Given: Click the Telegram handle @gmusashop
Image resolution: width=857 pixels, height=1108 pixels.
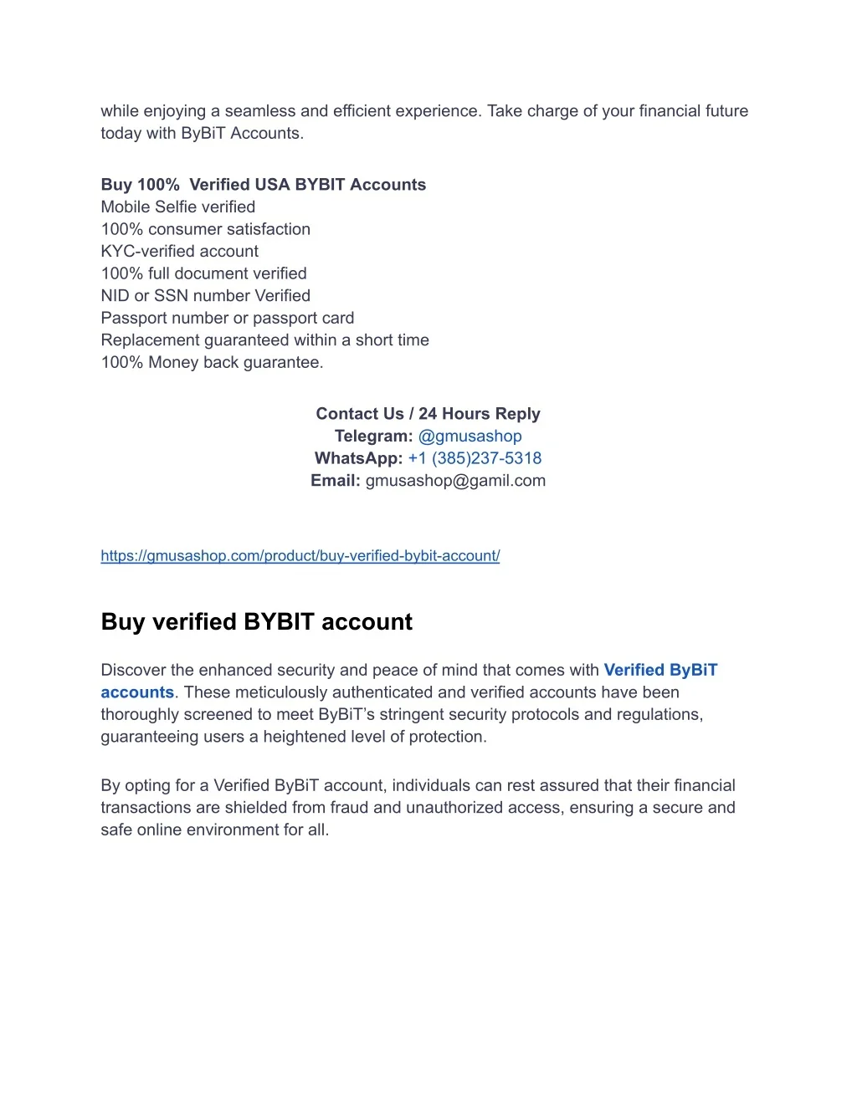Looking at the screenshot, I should point(470,436).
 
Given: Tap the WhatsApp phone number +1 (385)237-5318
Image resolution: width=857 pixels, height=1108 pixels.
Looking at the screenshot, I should point(475,458).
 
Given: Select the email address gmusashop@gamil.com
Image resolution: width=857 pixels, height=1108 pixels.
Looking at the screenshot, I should point(455,481).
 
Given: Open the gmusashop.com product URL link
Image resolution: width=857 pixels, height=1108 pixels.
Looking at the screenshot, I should point(300,555).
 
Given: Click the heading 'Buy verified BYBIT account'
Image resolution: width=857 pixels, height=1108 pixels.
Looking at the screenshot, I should point(256,621).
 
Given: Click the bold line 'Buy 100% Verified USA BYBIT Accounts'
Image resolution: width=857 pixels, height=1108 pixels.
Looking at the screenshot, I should point(263,185).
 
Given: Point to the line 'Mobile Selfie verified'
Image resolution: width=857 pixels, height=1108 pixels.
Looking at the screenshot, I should point(177,207).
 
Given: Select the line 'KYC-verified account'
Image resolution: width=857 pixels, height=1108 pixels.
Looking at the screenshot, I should point(179,251).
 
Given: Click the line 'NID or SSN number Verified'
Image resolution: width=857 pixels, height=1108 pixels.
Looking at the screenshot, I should point(205,295).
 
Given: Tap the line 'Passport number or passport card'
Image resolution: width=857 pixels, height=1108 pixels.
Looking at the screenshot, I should point(227,318).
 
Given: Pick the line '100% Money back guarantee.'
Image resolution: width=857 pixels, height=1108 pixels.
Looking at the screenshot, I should point(212,362).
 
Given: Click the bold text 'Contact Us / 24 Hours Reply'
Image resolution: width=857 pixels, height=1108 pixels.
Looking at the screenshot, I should point(428,414).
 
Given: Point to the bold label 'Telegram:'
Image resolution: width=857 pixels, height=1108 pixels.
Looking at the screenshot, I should point(373,436).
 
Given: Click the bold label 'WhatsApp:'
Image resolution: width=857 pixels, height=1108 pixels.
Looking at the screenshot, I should point(358,458).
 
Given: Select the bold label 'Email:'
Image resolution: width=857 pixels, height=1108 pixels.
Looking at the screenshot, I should point(336,481).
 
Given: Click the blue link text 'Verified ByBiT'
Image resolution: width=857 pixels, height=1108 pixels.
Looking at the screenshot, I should point(660,670).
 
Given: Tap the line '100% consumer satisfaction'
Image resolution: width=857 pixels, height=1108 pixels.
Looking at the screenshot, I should point(205,229).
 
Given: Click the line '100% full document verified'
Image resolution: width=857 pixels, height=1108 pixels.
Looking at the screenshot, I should point(203,273).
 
